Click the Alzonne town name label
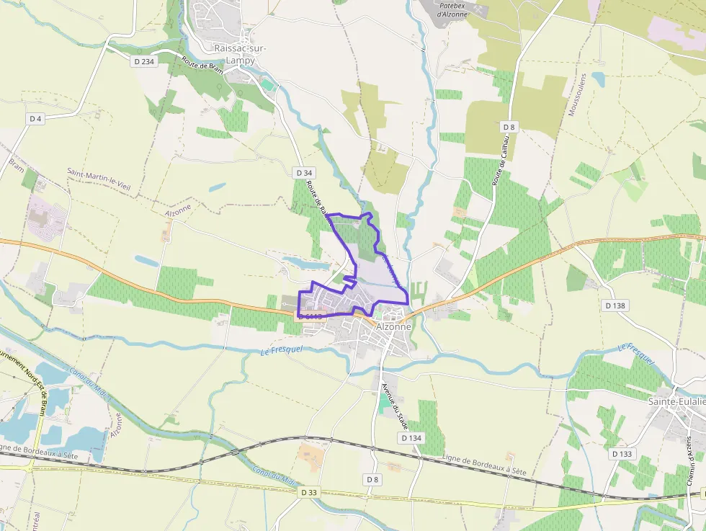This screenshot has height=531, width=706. pos(393,326)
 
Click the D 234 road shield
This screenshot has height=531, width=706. pos(144,62)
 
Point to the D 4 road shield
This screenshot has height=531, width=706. pos(35,118)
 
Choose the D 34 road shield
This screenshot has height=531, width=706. pos(305,173)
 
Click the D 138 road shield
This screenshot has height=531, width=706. pos(616,305)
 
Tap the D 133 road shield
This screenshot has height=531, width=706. pos(622,454)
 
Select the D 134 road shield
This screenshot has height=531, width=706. pos(411,438)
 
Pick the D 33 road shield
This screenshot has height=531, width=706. pos(309,492)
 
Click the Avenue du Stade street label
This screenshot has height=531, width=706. pos(395,403)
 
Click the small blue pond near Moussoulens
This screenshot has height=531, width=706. pos(598,78)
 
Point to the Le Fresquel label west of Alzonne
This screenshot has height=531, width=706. pos(282,349)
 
